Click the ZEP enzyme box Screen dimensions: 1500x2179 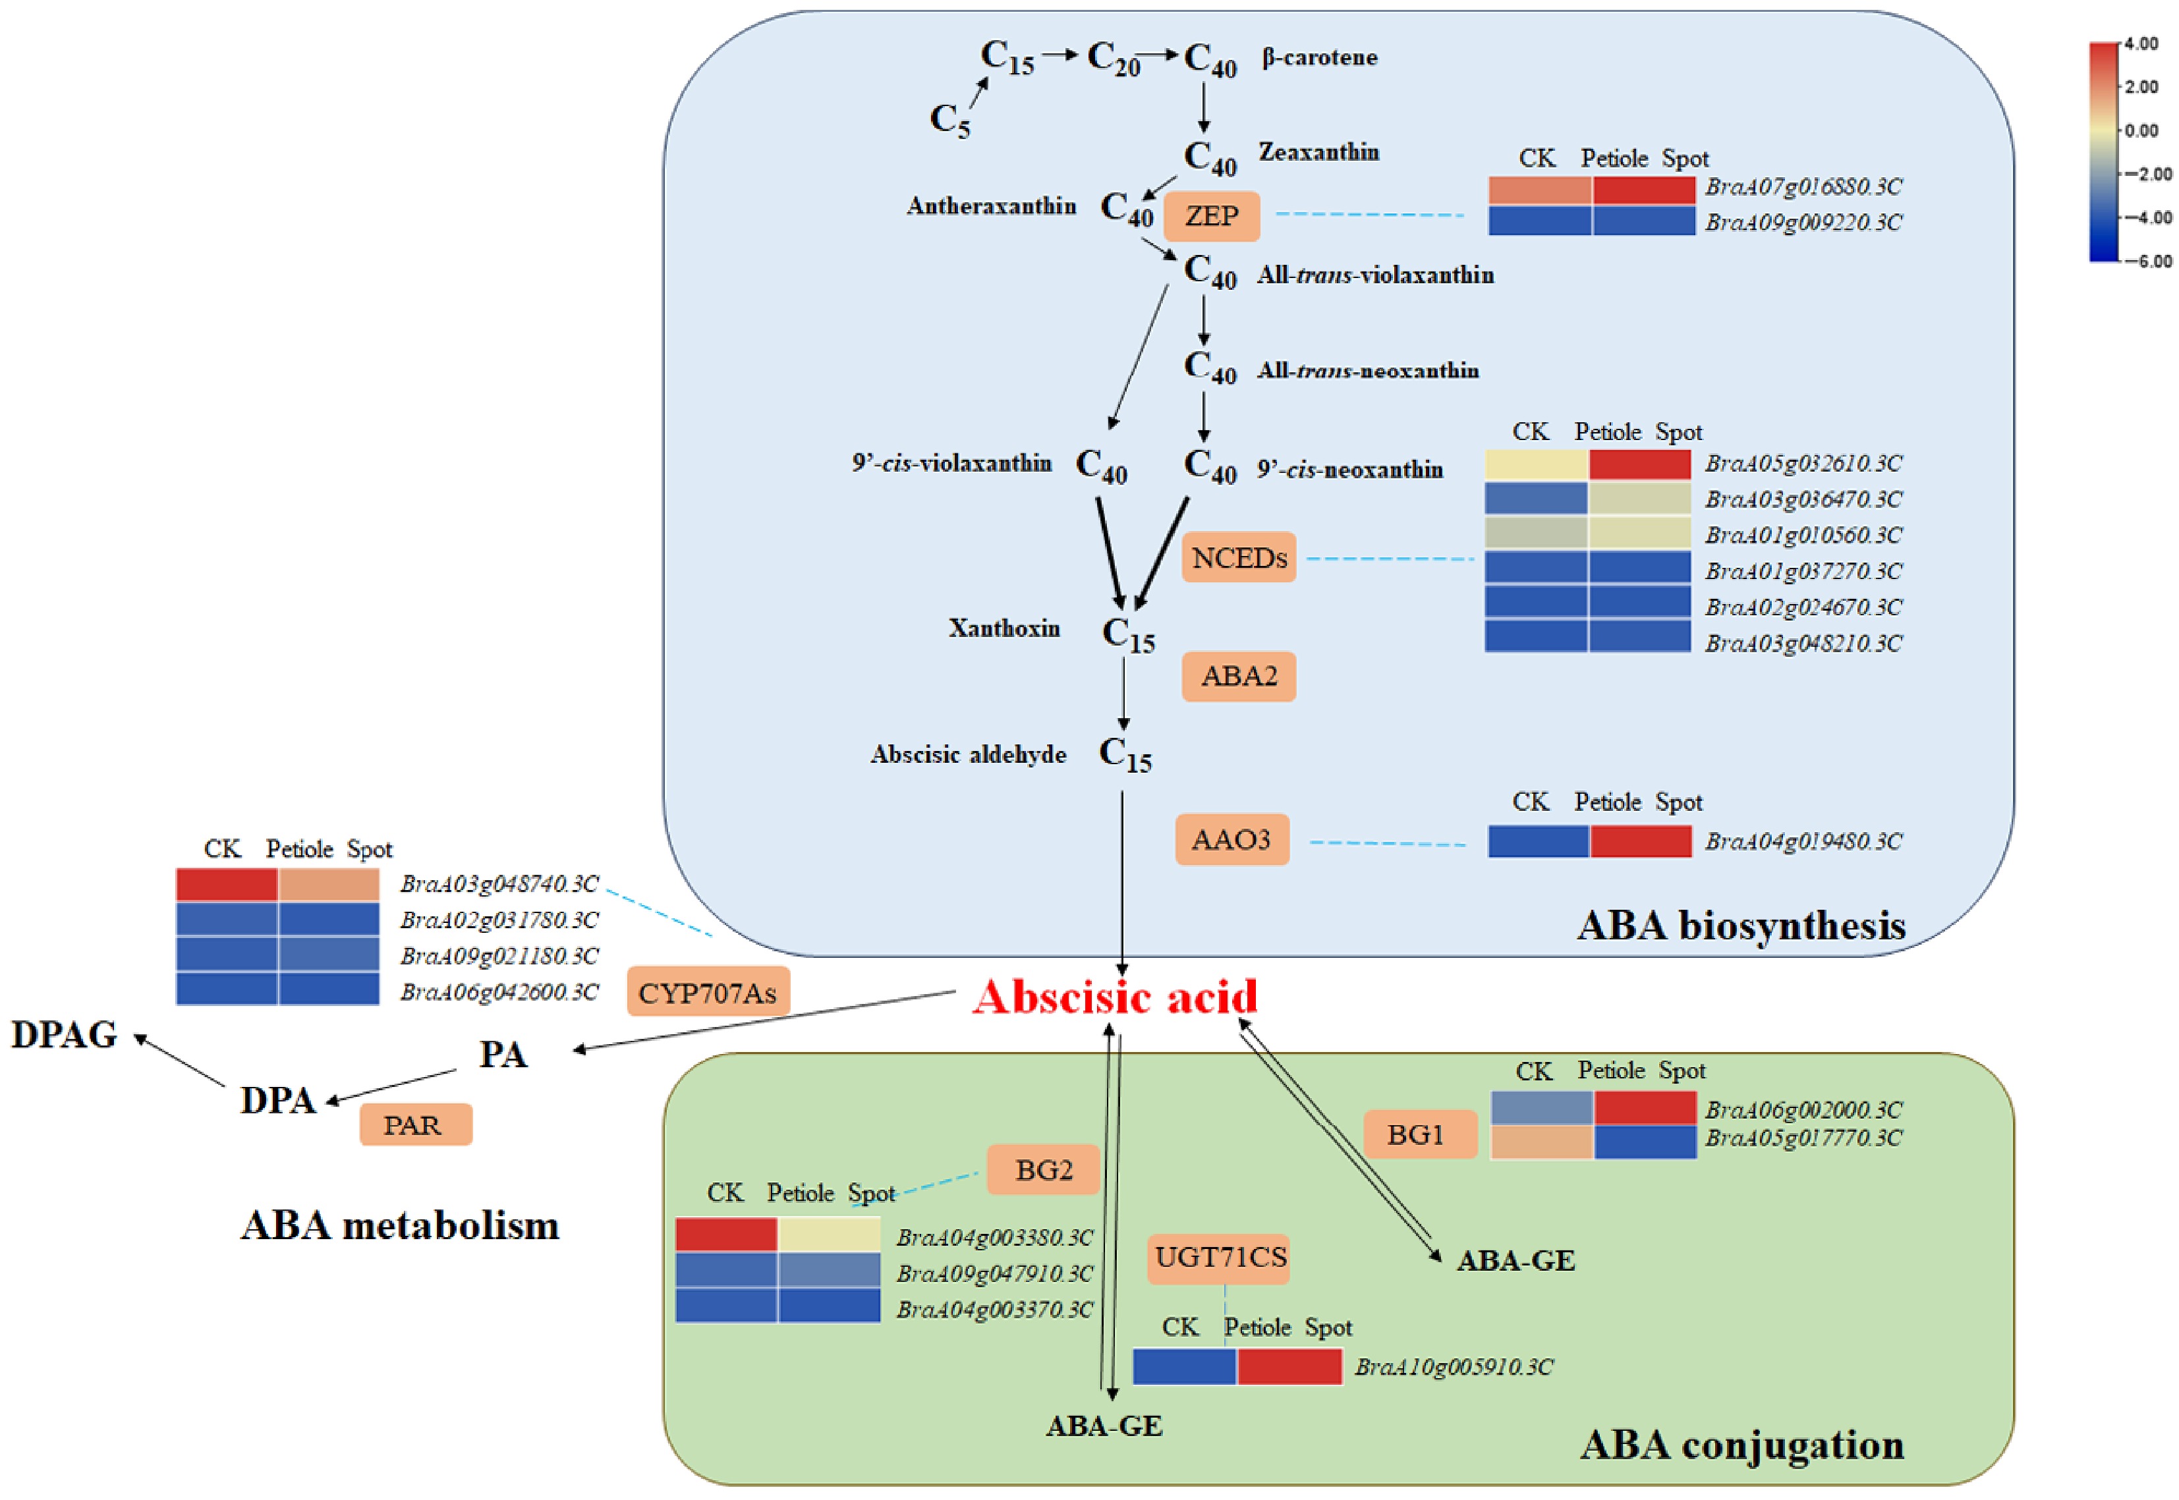click(1211, 216)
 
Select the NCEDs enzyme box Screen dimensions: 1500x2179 click(1238, 558)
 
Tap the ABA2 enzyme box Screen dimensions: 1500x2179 click(1238, 677)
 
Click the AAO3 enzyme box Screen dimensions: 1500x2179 click(1231, 839)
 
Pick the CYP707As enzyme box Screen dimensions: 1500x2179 click(707, 993)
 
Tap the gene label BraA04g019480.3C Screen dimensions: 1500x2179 click(1803, 841)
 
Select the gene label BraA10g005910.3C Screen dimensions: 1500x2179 click(1454, 1366)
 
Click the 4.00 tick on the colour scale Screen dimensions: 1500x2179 click(2141, 44)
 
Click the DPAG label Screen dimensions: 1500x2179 click(64, 1035)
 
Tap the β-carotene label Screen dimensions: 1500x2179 click(1319, 57)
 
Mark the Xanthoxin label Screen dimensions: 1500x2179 click(1004, 628)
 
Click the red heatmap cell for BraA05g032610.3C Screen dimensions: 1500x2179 click(1639, 464)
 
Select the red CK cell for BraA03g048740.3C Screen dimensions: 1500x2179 click(227, 885)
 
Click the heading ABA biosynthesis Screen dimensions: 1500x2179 click(1741, 926)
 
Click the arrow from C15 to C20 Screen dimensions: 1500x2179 click(1060, 55)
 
